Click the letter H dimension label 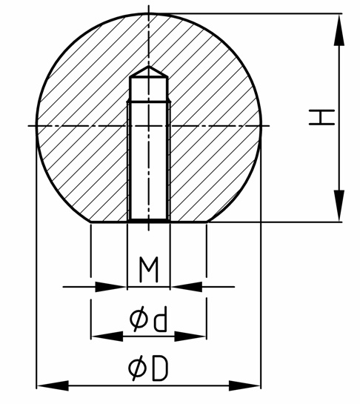click(x=322, y=117)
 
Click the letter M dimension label click(x=149, y=270)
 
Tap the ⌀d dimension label click(x=148, y=319)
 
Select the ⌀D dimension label click(x=148, y=368)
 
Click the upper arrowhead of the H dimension click(x=339, y=30)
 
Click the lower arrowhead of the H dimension click(x=339, y=205)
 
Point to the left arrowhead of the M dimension click(x=111, y=287)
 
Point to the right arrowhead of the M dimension click(x=186, y=287)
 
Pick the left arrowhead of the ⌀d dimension click(x=107, y=337)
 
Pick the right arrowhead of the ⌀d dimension click(x=190, y=337)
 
